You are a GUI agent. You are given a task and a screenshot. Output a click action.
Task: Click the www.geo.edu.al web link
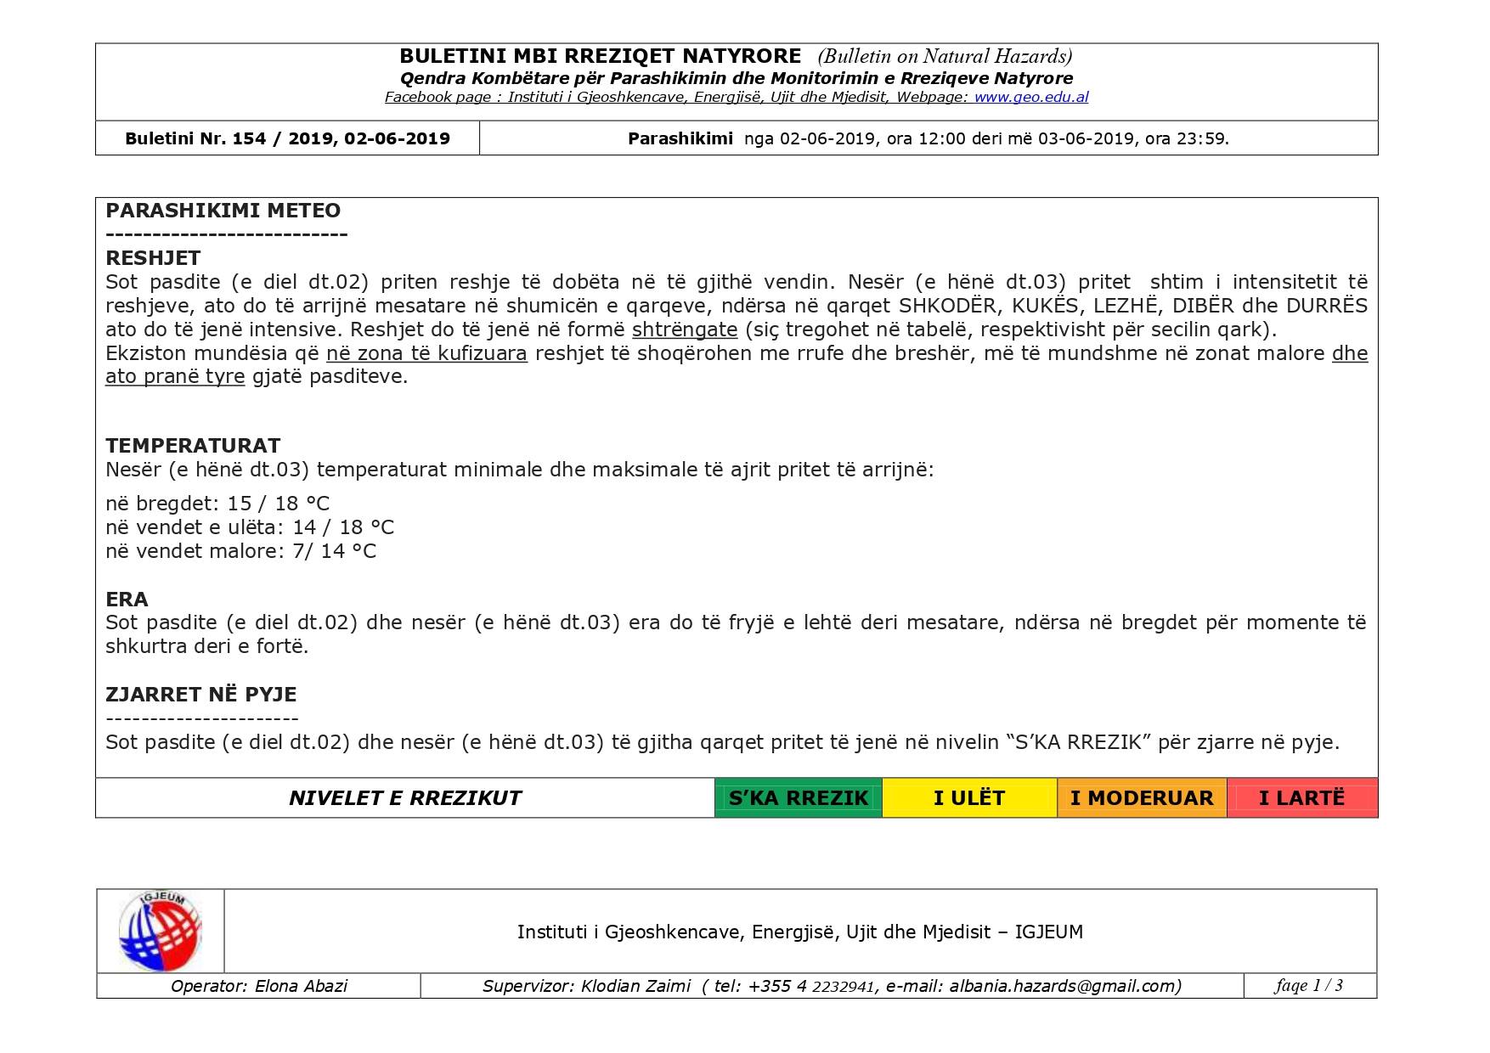[x=1030, y=98]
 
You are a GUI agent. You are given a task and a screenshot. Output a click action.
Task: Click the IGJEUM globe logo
[x=160, y=931]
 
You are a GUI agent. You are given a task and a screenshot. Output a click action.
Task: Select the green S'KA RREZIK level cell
[x=798, y=798]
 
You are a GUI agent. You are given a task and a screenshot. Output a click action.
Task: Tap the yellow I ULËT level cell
[x=968, y=798]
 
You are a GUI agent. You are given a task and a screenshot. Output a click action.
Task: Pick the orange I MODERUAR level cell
[x=1141, y=798]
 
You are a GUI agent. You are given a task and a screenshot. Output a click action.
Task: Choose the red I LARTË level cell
[x=1301, y=798]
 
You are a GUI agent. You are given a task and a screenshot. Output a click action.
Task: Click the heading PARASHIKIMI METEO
[x=223, y=211]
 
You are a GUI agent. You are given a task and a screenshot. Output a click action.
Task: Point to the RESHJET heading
[x=153, y=258]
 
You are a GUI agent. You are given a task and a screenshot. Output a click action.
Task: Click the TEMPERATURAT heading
[x=193, y=446]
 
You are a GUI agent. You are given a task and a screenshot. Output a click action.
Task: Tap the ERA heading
[x=127, y=600]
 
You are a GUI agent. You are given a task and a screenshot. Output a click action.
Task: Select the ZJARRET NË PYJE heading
[x=200, y=695]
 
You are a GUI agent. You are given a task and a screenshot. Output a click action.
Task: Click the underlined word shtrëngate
[x=685, y=329]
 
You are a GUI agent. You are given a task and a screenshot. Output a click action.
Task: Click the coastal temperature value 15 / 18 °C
[x=279, y=504]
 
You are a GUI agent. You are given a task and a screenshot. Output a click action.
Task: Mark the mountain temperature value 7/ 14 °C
[x=334, y=551]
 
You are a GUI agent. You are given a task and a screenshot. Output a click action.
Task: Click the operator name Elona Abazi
[x=301, y=986]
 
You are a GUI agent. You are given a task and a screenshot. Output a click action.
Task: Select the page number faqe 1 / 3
[x=1308, y=985]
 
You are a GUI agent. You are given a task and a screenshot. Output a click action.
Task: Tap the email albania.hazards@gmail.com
[x=1064, y=986]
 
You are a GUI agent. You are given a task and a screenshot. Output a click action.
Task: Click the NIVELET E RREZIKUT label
[x=405, y=798]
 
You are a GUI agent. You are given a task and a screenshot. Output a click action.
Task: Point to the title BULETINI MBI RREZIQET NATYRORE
[x=600, y=56]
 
